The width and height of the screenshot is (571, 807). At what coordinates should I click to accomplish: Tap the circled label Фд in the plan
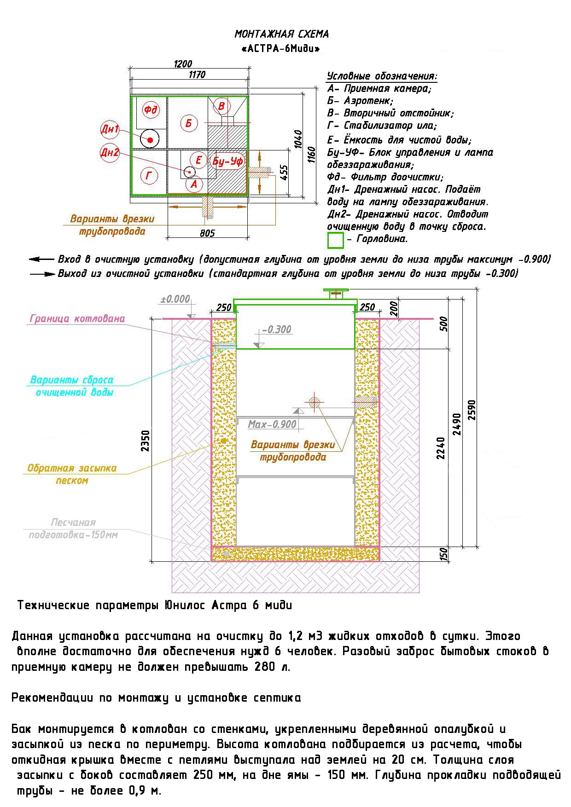click(x=151, y=110)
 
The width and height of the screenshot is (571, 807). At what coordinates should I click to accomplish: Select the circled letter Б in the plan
click(x=189, y=123)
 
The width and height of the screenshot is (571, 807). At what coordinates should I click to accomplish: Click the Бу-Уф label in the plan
click(x=227, y=161)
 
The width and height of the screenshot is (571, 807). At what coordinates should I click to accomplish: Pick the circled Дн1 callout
click(x=110, y=130)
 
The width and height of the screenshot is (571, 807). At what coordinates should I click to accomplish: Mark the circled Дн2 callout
click(x=110, y=152)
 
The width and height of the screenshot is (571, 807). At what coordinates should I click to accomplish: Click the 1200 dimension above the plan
click(x=183, y=64)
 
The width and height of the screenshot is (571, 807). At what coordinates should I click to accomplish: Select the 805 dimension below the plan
click(x=207, y=233)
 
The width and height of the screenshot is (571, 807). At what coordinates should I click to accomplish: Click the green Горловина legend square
click(x=335, y=240)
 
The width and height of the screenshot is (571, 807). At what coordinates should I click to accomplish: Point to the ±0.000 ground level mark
click(x=175, y=299)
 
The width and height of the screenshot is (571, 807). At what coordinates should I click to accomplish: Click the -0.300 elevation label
click(x=276, y=329)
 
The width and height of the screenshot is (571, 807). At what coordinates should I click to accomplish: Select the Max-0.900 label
click(x=272, y=424)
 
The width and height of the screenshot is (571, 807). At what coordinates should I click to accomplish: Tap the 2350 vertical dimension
click(x=146, y=441)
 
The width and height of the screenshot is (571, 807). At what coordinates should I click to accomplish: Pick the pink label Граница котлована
click(x=77, y=318)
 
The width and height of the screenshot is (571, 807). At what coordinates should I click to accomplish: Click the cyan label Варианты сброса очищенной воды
click(x=72, y=386)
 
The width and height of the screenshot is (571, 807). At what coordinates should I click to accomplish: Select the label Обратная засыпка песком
click(x=72, y=474)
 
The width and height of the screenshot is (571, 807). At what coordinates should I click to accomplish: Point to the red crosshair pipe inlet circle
click(x=314, y=402)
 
